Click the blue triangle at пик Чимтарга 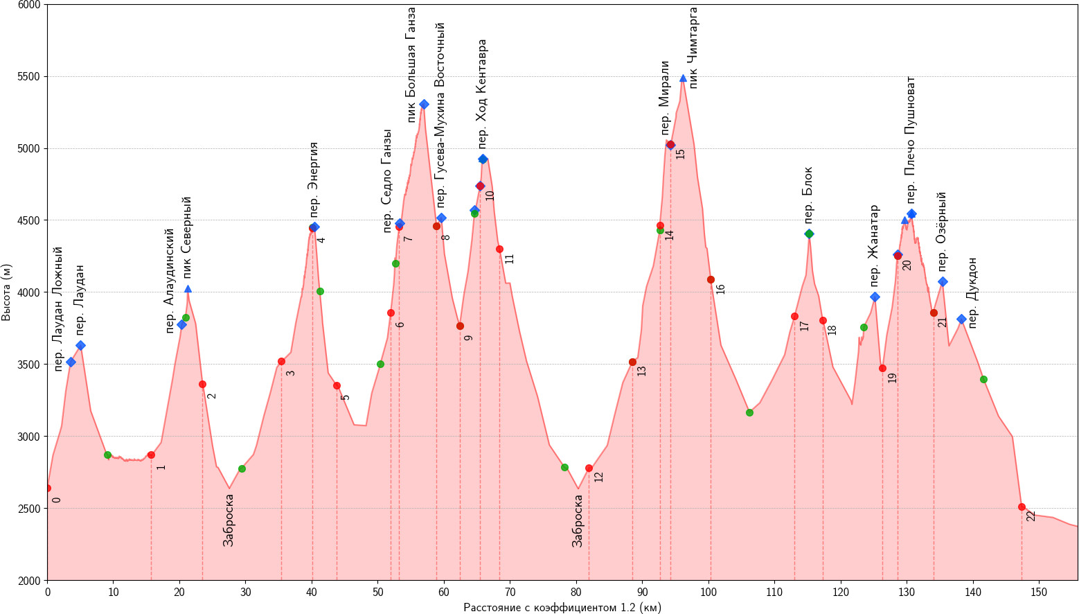click(x=683, y=78)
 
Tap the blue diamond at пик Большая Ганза click(x=424, y=104)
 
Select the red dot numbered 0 click(x=47, y=488)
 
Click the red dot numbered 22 click(x=1022, y=507)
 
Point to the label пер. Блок click(x=808, y=191)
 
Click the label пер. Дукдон click(x=972, y=292)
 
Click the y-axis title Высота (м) click(x=7, y=292)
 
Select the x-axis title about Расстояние click(x=562, y=608)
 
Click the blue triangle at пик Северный click(x=188, y=289)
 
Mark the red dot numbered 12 click(x=589, y=468)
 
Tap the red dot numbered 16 click(x=711, y=279)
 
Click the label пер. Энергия click(x=314, y=179)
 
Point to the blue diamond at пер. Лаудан click(x=80, y=345)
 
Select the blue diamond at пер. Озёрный click(x=943, y=281)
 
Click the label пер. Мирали click(x=665, y=98)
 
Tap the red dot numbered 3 click(x=281, y=361)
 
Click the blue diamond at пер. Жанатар click(x=875, y=297)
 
